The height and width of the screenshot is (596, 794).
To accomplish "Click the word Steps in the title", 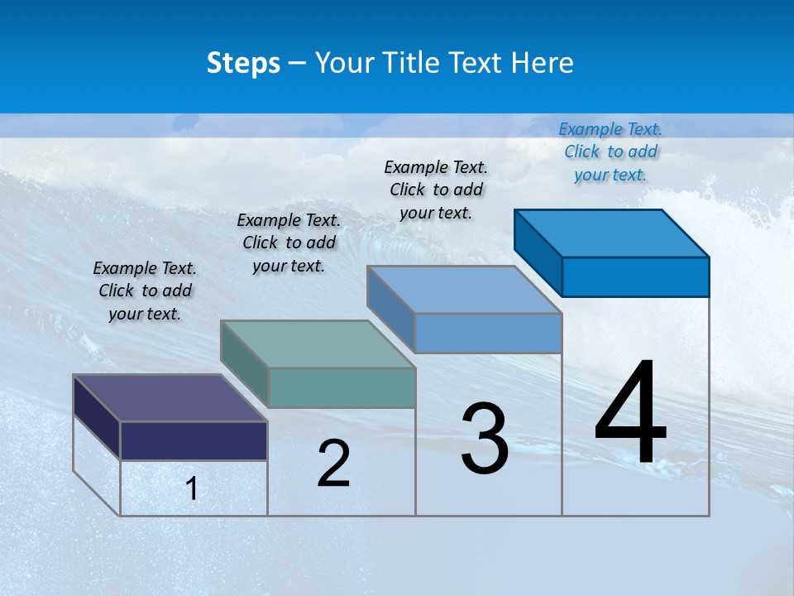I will (x=243, y=63).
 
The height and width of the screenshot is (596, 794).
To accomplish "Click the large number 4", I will (x=630, y=414).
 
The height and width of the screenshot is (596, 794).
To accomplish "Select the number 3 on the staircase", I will (x=485, y=439).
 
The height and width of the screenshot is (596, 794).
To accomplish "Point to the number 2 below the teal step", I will (x=333, y=464).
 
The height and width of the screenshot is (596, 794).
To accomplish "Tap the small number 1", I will (x=192, y=489).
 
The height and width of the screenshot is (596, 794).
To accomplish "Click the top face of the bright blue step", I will (x=612, y=233).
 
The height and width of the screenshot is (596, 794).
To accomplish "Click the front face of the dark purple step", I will (x=194, y=440).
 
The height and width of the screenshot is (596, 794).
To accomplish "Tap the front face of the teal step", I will (x=342, y=387).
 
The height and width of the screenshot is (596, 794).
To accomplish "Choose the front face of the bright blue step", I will (x=635, y=276).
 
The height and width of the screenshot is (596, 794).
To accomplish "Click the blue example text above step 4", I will (x=610, y=151).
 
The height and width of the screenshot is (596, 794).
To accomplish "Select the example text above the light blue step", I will (x=436, y=190).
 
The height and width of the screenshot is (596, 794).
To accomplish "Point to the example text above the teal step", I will (x=289, y=243).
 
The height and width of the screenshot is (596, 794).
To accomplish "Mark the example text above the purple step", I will (x=145, y=291).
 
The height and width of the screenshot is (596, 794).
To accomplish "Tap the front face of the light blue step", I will (x=488, y=333).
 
